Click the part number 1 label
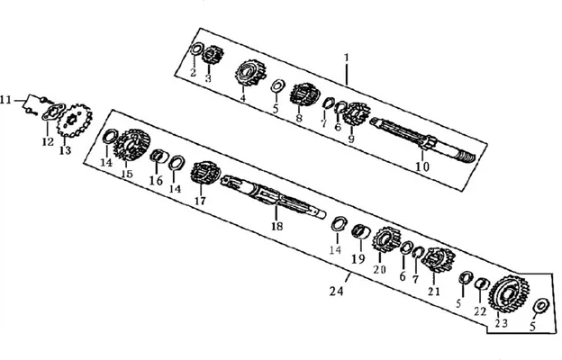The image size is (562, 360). tap(346, 58)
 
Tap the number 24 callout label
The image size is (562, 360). tap(337, 292)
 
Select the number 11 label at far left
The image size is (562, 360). tap(5, 100)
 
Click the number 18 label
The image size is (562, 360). tap(276, 226)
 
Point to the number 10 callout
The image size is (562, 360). tap(422, 166)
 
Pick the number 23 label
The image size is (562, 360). tap(502, 323)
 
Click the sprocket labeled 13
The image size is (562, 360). tap(75, 121)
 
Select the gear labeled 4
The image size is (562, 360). tap(249, 73)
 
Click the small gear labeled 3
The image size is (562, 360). tap(213, 55)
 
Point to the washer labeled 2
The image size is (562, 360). tap(196, 49)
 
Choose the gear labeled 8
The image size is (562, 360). tap(304, 94)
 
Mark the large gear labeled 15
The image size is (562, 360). tap(131, 146)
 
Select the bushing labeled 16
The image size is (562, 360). tap(159, 157)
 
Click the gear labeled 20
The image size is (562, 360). tap(386, 239)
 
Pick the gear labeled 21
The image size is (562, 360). tap(438, 260)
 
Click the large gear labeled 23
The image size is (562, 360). tap(509, 293)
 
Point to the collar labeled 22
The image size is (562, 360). tap(482, 283)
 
